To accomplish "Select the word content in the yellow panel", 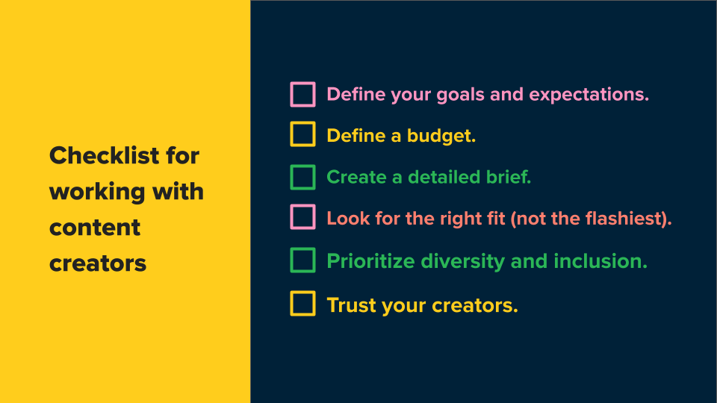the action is coord(95,228).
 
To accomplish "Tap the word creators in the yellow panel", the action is coord(98,263).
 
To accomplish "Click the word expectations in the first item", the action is coord(589,95).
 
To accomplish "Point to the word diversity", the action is coord(462,262).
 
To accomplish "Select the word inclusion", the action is coord(600,261).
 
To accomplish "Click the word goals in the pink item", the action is coord(460,96).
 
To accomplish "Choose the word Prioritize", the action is coord(371,261).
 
